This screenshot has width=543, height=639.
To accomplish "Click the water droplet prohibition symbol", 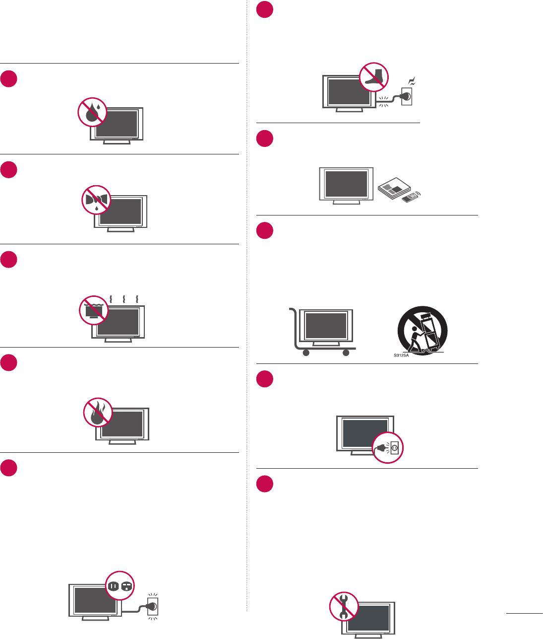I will click(x=93, y=112).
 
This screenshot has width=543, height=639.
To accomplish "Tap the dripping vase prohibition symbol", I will click(x=96, y=201).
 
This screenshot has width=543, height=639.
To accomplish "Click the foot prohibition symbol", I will click(x=374, y=77).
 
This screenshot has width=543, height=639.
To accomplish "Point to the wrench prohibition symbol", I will click(x=344, y=606).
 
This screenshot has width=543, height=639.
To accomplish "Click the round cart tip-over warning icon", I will click(x=422, y=330).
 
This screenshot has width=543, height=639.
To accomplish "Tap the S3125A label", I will click(x=401, y=355).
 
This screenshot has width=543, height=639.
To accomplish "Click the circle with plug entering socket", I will click(x=388, y=448).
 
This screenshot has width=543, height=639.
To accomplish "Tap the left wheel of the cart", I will click(x=306, y=353).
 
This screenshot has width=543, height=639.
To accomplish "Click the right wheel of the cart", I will click(x=346, y=353).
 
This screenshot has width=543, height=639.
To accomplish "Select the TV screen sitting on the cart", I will click(x=326, y=325).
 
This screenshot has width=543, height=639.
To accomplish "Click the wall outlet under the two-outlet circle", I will click(x=153, y=606).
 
